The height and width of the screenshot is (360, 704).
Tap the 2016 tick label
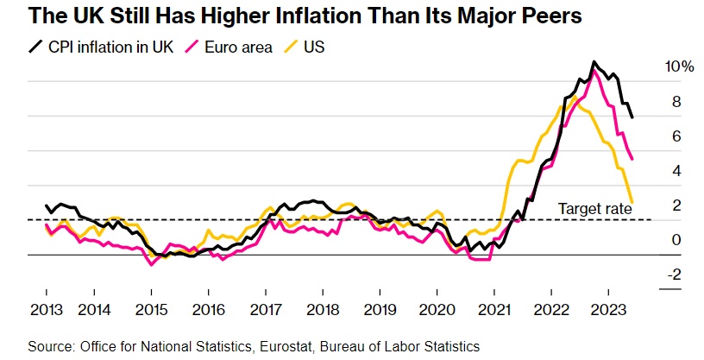coord(208,309)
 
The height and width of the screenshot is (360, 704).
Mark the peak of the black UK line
coord(594,62)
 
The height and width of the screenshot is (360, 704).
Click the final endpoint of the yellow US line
coord(633,203)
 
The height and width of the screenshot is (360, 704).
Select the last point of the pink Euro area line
coord(633,159)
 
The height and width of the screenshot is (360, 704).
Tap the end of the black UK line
coord(633,117)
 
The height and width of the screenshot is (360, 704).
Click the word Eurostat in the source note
coord(285,345)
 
